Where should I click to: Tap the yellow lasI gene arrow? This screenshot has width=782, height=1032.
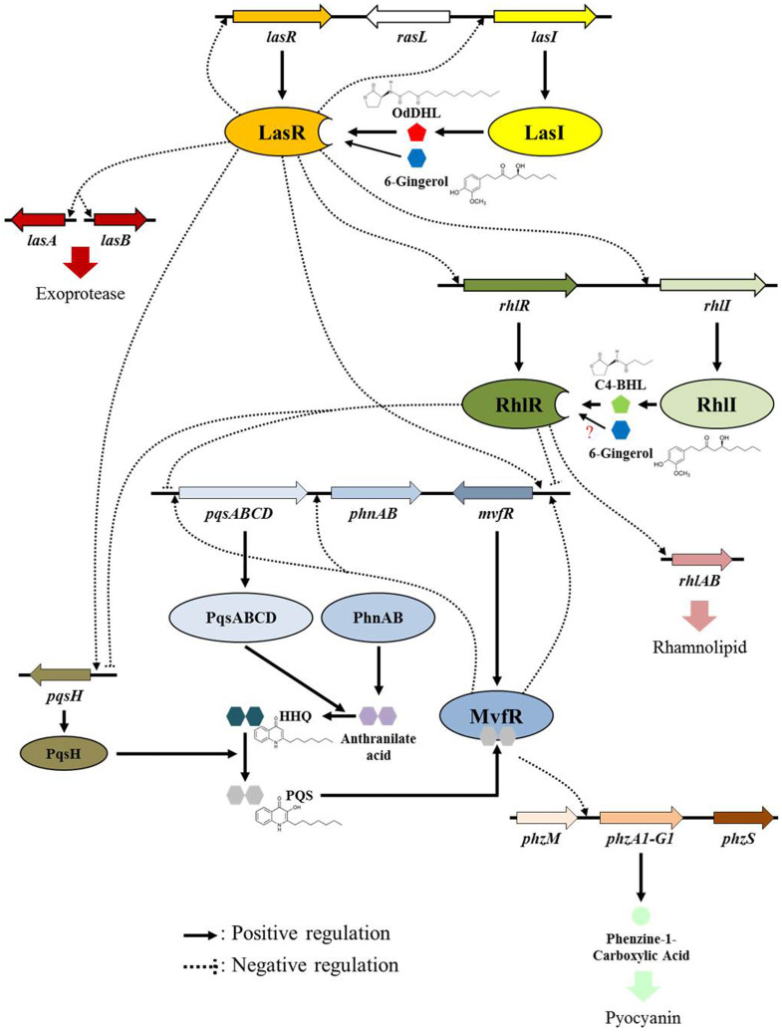[546, 16]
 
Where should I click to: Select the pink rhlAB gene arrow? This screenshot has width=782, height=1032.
[701, 562]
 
